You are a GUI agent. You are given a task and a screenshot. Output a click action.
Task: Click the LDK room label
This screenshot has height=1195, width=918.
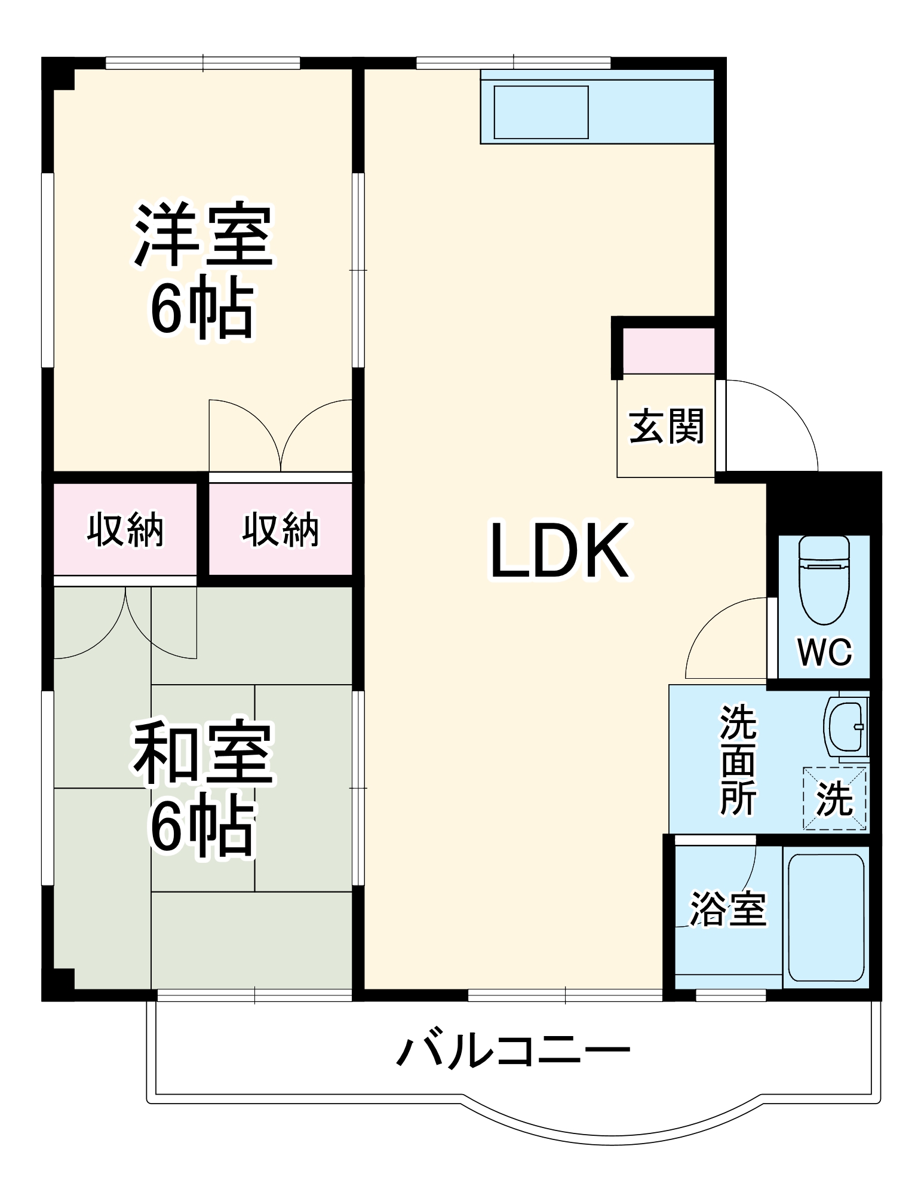[x=559, y=551]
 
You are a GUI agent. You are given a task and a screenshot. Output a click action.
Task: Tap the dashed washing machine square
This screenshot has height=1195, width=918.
[x=834, y=798]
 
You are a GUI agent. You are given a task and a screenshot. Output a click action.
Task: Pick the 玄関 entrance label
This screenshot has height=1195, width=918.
[x=667, y=426]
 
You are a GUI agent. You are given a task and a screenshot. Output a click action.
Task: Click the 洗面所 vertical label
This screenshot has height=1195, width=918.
[x=738, y=759]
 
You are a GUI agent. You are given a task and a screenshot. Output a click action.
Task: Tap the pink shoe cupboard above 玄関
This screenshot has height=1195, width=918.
[x=668, y=351]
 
